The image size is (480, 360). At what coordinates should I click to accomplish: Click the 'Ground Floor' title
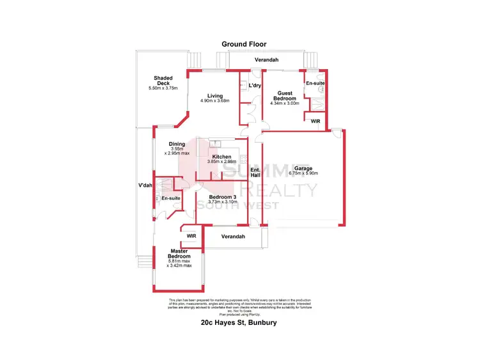pyautogui.click(x=244, y=44)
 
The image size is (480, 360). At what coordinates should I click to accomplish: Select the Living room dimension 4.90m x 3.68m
pyautogui.click(x=214, y=101)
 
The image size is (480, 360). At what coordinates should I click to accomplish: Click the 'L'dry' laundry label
pyautogui.click(x=255, y=85)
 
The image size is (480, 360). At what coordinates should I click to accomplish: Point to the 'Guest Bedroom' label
pyautogui.click(x=285, y=95)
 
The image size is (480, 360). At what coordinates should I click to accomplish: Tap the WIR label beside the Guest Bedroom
pyautogui.click(x=315, y=120)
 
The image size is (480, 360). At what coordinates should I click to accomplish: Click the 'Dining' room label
pyautogui.click(x=177, y=144)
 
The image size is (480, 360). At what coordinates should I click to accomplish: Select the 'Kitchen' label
pyautogui.click(x=221, y=157)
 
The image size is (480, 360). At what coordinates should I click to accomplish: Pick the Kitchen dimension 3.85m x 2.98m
pyautogui.click(x=221, y=162)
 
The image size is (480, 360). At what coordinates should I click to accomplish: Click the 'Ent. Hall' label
pyautogui.click(x=255, y=171)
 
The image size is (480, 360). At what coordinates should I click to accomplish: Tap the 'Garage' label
pyautogui.click(x=303, y=168)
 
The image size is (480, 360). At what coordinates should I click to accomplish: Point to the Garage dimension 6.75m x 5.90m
pyautogui.click(x=303, y=173)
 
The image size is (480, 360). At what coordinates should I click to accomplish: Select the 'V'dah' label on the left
pyautogui.click(x=145, y=185)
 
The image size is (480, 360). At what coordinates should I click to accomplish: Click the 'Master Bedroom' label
pyautogui.click(x=180, y=253)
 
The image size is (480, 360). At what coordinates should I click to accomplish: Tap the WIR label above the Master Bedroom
pyautogui.click(x=191, y=236)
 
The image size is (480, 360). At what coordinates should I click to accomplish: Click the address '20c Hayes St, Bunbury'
pyautogui.click(x=239, y=323)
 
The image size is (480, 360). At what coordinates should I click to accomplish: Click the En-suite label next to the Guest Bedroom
pyautogui.click(x=314, y=84)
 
